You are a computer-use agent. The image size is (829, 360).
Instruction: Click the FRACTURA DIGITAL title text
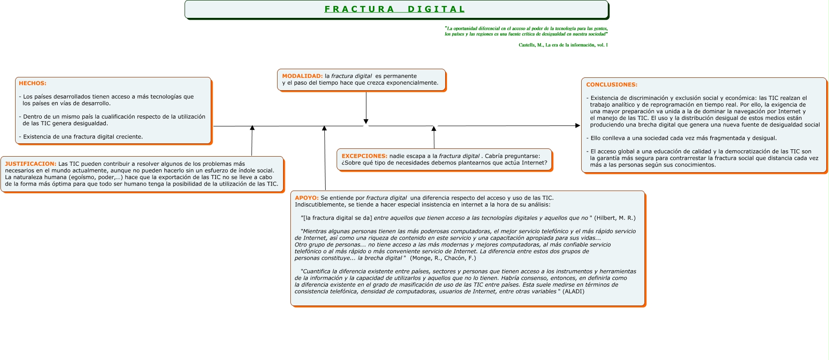pos(395,9)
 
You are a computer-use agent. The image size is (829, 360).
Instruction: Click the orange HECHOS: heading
pos(33,83)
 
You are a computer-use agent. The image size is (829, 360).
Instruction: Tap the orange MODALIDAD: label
pos(302,76)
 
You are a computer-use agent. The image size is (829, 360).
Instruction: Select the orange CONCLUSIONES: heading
pos(611,85)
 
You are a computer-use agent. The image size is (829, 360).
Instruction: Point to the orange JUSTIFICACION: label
pos(31,164)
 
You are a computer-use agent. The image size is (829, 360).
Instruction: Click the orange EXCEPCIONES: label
pos(364,156)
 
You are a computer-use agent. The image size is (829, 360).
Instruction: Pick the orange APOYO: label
pos(306,198)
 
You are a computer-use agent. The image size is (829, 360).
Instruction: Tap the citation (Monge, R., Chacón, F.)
pos(443,258)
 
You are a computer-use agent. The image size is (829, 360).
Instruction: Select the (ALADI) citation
pos(573,291)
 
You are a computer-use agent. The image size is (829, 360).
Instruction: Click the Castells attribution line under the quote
pos(563,45)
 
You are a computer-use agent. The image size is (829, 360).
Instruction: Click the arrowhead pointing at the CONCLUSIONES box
pos(578,125)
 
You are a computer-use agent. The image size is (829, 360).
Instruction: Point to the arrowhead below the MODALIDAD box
pos(366,122)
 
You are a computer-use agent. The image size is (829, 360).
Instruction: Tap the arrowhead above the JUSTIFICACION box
pos(252,128)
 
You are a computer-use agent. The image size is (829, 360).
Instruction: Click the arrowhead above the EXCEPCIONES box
pos(434,129)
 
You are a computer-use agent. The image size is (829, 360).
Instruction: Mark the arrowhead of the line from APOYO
pos(324,129)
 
